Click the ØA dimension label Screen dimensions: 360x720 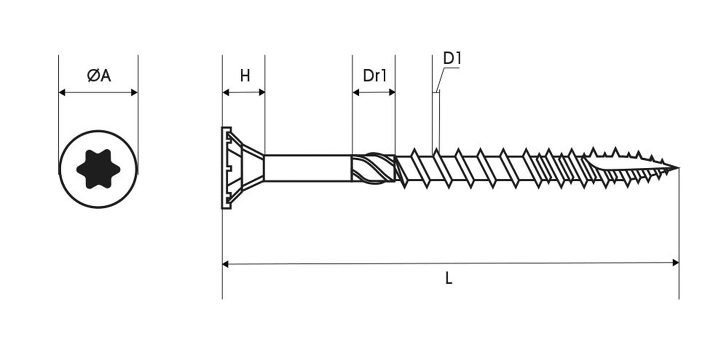[x=98, y=76]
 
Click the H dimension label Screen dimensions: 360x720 [x=245, y=76]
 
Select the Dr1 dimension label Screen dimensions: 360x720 [x=374, y=76]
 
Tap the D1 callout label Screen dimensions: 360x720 [x=452, y=59]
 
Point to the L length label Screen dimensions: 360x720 [x=448, y=279]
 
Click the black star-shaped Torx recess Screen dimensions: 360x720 [x=98, y=169]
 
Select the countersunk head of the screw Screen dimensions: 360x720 [x=239, y=168]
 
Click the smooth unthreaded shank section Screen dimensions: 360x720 [x=306, y=168]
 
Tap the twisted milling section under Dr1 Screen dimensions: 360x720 [x=374, y=168]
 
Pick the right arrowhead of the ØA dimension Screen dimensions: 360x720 [x=134, y=92]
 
